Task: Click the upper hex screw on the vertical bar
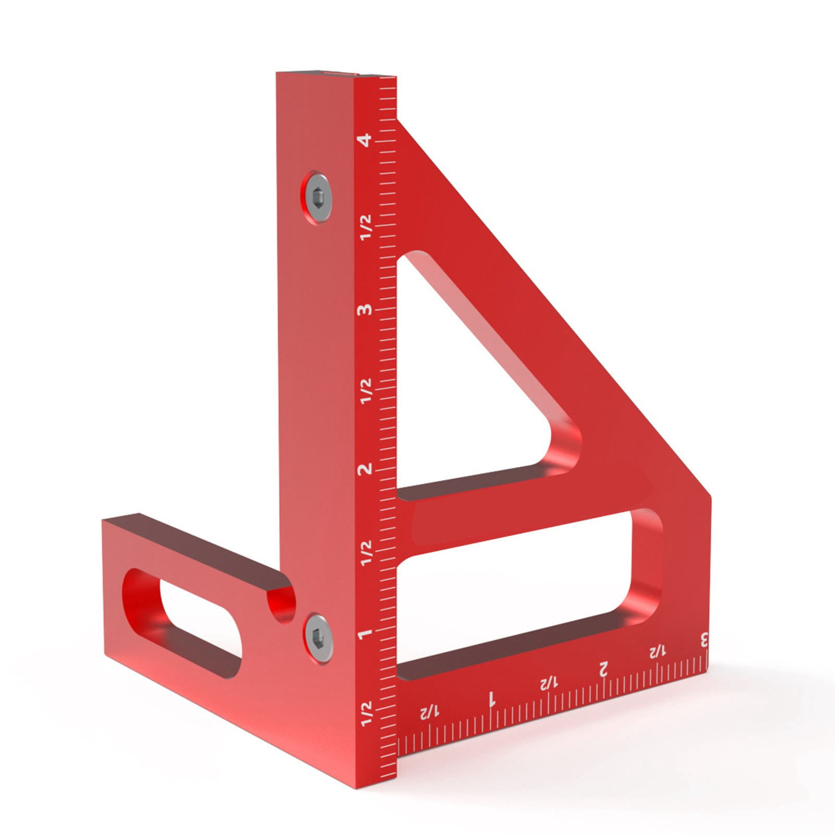pos(318,197)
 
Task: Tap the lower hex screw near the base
pos(318,638)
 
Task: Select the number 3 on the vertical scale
pos(365,310)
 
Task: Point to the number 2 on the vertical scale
pos(365,468)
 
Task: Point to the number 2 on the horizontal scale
pos(603,669)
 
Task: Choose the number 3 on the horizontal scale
pos(704,639)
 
